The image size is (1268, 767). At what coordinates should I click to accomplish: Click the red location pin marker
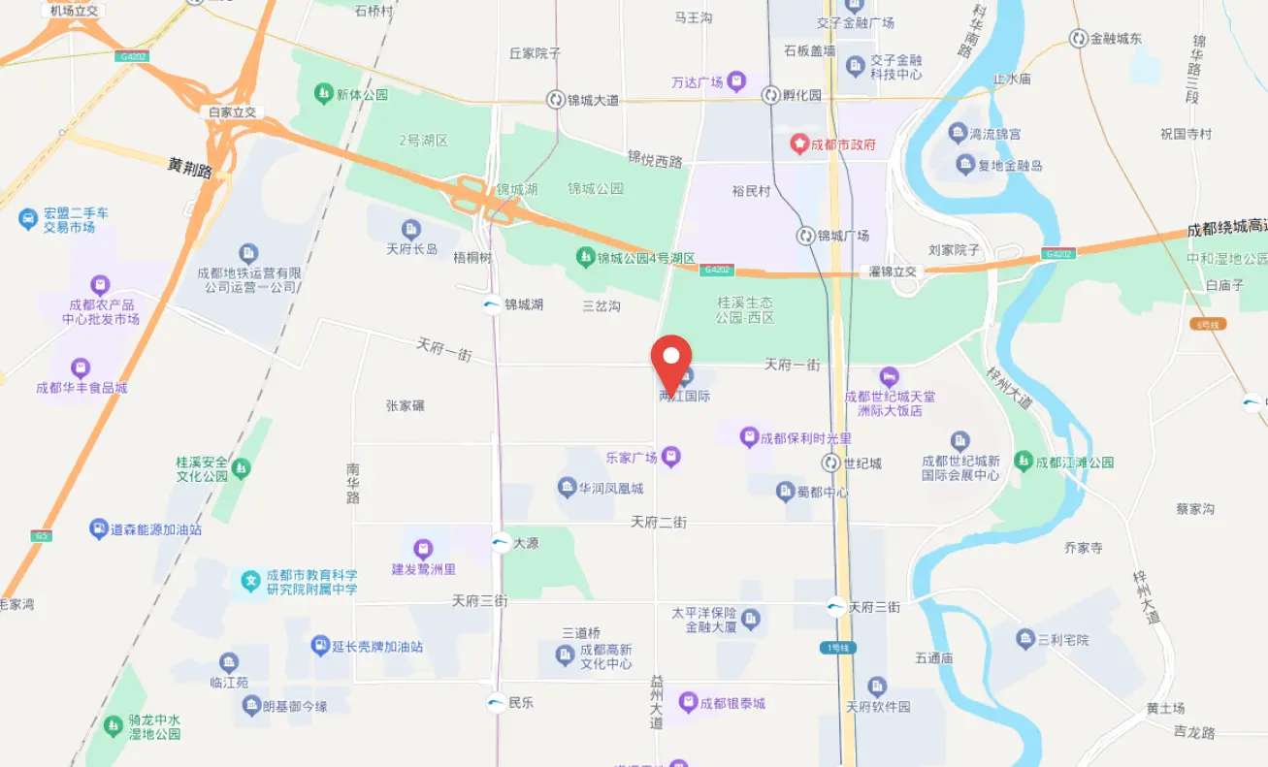tap(670, 361)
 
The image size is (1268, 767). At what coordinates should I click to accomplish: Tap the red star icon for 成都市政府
tap(799, 144)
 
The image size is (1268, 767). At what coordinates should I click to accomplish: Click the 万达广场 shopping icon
tap(736, 81)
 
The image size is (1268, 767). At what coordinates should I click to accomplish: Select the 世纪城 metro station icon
tap(831, 463)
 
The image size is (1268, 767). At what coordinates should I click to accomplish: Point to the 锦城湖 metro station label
tap(524, 304)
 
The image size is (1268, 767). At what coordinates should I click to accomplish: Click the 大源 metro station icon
tap(501, 543)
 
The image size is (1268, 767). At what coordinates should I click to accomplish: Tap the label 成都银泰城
tap(733, 703)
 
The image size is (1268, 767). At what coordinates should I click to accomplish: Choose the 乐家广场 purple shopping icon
tap(671, 456)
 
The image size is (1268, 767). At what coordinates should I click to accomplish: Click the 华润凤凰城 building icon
tap(567, 487)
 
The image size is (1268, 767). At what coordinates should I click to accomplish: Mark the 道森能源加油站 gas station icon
tap(98, 528)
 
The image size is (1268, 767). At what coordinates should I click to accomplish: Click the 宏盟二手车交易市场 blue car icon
tap(28, 219)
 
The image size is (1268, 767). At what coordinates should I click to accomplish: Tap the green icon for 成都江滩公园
tap(1023, 462)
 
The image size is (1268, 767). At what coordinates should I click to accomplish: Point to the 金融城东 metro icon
tap(1078, 39)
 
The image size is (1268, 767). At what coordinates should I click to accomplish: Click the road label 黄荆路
tap(189, 168)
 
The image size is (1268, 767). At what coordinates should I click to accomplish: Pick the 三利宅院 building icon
tap(1025, 639)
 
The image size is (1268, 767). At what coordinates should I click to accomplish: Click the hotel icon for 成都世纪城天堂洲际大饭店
tap(889, 376)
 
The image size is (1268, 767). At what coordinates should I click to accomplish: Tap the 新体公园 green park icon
tap(323, 94)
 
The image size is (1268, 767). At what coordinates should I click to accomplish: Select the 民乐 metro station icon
tap(496, 703)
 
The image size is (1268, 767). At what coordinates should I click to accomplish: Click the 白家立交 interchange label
tap(233, 112)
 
